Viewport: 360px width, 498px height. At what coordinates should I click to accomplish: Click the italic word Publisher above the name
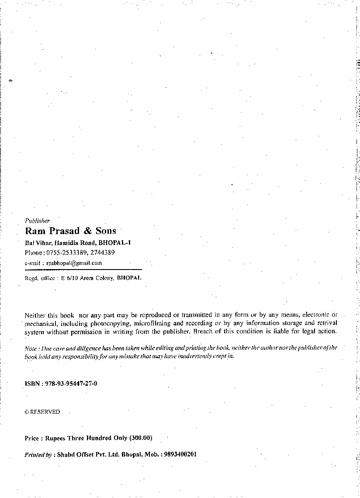point(38,221)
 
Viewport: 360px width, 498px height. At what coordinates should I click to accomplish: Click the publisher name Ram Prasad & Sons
point(70,231)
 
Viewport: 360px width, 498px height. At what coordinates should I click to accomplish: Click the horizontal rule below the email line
point(83,270)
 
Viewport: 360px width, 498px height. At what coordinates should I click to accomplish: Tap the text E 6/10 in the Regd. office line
point(70,278)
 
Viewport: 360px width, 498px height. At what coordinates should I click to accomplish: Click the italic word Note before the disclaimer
point(30,348)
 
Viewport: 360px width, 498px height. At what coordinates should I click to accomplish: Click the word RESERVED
point(45,412)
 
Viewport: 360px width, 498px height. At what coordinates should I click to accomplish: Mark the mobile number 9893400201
point(181,454)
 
